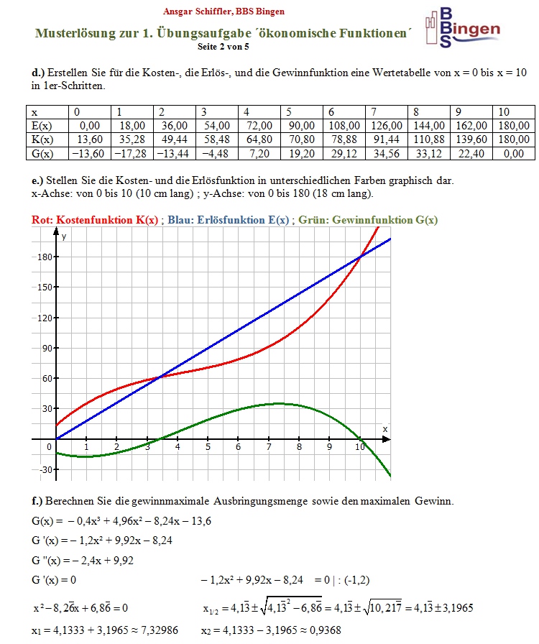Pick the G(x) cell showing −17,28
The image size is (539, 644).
point(131,153)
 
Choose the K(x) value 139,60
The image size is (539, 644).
point(470,139)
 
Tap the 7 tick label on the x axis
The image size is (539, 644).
point(268,448)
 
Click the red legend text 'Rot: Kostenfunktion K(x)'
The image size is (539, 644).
point(96,220)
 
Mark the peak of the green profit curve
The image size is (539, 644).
point(279,404)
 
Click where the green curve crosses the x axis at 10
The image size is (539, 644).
point(360,439)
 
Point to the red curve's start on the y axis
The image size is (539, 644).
point(56,425)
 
